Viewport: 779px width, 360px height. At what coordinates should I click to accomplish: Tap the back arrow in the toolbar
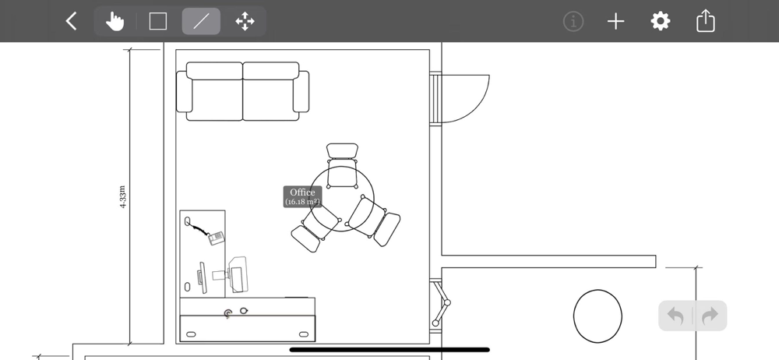[x=72, y=21]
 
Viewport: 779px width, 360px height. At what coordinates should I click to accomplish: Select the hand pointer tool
[x=115, y=21]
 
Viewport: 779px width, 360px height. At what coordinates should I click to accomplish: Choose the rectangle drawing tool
[x=158, y=21]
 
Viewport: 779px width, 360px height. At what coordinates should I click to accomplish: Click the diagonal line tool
[x=201, y=21]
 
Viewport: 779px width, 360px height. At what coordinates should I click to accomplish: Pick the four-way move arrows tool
[x=245, y=21]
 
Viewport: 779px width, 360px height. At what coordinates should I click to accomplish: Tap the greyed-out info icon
[x=573, y=21]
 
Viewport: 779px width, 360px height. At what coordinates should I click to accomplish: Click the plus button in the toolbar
[x=616, y=21]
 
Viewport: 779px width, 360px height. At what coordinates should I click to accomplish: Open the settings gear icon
[x=661, y=21]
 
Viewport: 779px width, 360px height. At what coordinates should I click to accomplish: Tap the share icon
[x=706, y=21]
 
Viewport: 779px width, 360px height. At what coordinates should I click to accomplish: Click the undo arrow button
[x=675, y=316]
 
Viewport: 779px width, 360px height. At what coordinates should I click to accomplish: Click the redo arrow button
[x=710, y=316]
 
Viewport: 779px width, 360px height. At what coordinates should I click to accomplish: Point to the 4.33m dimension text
[x=123, y=197]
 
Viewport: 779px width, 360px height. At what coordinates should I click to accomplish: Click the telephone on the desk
[x=216, y=238]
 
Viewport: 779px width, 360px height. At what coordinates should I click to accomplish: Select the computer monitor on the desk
[x=202, y=277]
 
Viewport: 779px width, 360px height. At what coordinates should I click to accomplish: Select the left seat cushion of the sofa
[x=215, y=100]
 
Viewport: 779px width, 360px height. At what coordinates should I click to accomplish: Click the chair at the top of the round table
[x=342, y=165]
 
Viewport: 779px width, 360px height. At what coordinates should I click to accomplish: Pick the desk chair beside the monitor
[x=237, y=274]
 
